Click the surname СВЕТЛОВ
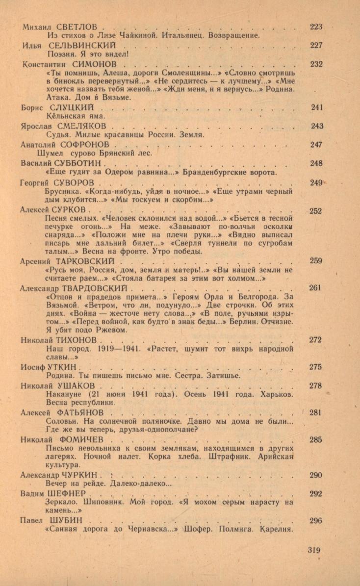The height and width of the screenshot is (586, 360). point(77,27)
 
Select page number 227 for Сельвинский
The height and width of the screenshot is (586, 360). point(316,46)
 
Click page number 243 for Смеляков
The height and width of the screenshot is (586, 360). point(317,127)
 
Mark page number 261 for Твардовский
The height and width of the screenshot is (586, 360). point(315,288)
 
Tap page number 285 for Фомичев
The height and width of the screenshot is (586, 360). point(316,439)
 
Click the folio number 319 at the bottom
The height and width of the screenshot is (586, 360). point(314,550)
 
